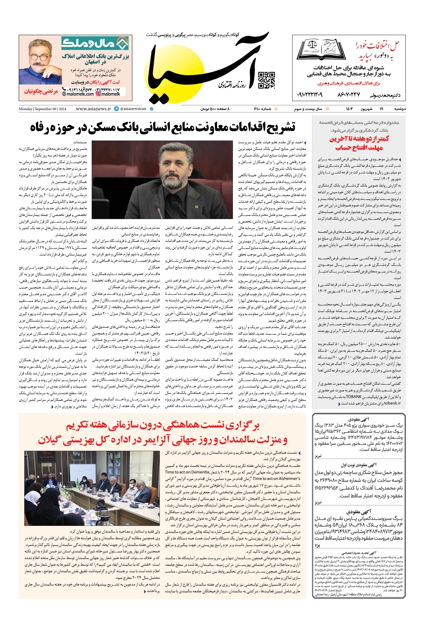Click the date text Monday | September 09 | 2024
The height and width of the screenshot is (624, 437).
tap(42, 109)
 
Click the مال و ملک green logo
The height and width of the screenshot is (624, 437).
tap(95, 43)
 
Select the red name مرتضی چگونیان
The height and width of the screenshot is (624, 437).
tap(41, 91)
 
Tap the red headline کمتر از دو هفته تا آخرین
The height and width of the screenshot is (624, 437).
tap(359, 139)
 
